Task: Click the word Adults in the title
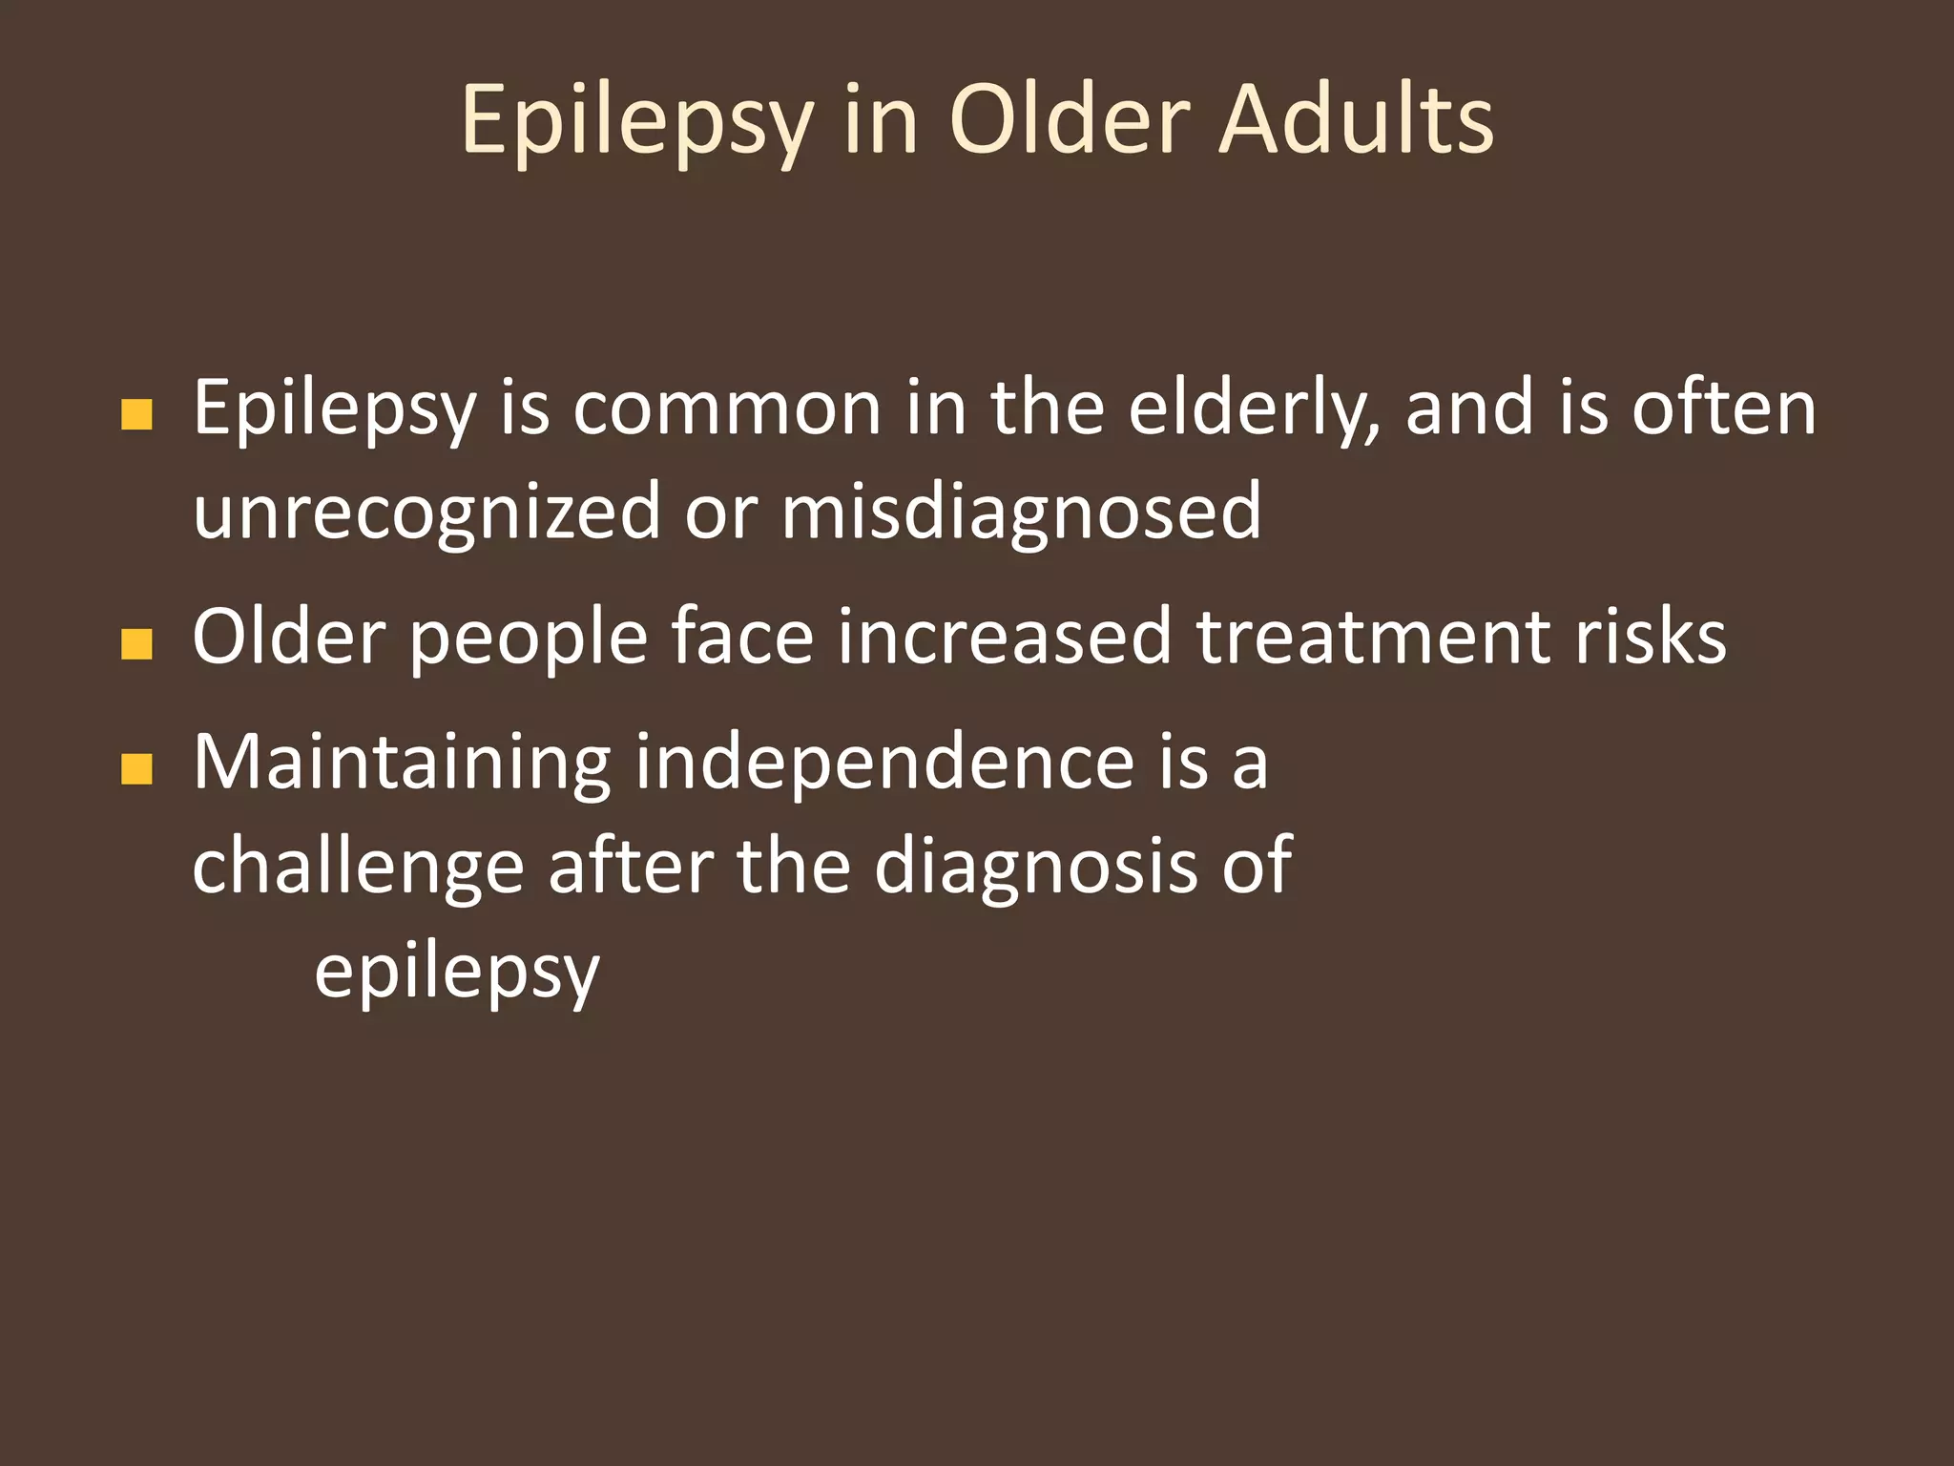1356,119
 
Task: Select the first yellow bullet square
137,414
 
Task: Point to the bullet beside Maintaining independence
137,768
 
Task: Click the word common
727,408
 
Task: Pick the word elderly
1253,408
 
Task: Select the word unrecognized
426,513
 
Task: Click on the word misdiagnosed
1022,513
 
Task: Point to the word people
530,639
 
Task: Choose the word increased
1005,637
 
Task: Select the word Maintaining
402,764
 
